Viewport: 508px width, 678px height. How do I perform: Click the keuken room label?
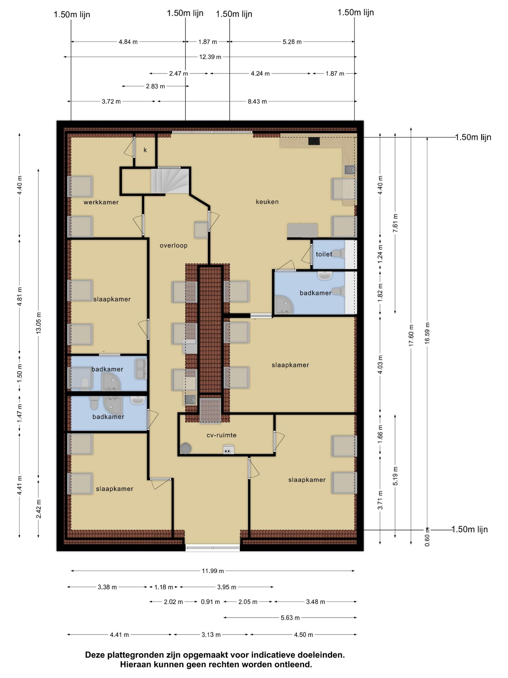point(267,202)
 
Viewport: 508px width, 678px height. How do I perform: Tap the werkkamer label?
point(101,202)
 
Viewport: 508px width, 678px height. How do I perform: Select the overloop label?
point(174,245)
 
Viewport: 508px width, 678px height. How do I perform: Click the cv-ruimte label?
point(222,435)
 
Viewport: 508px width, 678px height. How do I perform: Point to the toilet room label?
point(324,254)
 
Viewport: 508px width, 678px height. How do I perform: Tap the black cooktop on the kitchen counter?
point(314,141)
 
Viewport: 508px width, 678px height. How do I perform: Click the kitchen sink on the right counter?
point(350,169)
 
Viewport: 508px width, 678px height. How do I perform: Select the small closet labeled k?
point(145,150)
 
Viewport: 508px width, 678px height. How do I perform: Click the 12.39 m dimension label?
point(210,56)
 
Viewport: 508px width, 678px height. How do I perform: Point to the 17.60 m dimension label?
point(411,335)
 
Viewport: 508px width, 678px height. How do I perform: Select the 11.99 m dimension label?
point(213,571)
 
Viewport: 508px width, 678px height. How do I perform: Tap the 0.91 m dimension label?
point(210,602)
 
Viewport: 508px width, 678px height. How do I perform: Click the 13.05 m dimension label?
point(38,323)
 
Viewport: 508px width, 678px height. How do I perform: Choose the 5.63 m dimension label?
point(290,618)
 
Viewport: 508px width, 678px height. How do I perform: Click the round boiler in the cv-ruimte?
point(186,448)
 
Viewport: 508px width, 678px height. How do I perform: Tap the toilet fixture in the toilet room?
point(339,254)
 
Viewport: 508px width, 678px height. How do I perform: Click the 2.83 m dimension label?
point(155,86)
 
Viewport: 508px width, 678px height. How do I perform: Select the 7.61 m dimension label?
point(395,223)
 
